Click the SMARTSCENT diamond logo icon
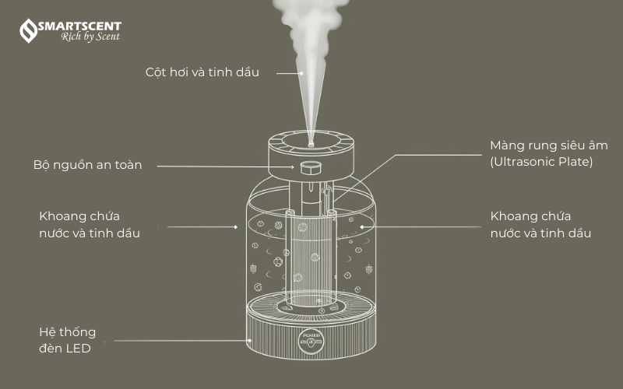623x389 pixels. [28, 30]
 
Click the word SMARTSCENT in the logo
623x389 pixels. [79, 26]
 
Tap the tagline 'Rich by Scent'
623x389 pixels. [90, 37]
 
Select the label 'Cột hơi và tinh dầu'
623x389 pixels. [202, 72]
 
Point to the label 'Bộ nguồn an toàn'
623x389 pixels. [87, 165]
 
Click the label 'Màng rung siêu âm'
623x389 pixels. [549, 145]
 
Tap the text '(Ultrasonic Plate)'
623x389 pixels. [541, 162]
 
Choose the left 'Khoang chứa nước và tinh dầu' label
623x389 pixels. [90, 225]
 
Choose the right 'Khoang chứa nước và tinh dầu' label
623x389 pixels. [540, 225]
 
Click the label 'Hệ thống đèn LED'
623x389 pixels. [67, 340]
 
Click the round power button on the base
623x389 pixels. [311, 341]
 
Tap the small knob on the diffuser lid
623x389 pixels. [310, 168]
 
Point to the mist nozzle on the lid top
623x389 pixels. [311, 142]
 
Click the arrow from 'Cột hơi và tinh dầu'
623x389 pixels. [290, 73]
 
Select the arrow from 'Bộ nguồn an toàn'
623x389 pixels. [226, 166]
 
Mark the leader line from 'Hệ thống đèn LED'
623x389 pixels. [183, 341]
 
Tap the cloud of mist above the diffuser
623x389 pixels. [311, 24]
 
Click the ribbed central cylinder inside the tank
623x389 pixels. [311, 258]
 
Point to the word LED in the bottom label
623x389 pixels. [79, 349]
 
